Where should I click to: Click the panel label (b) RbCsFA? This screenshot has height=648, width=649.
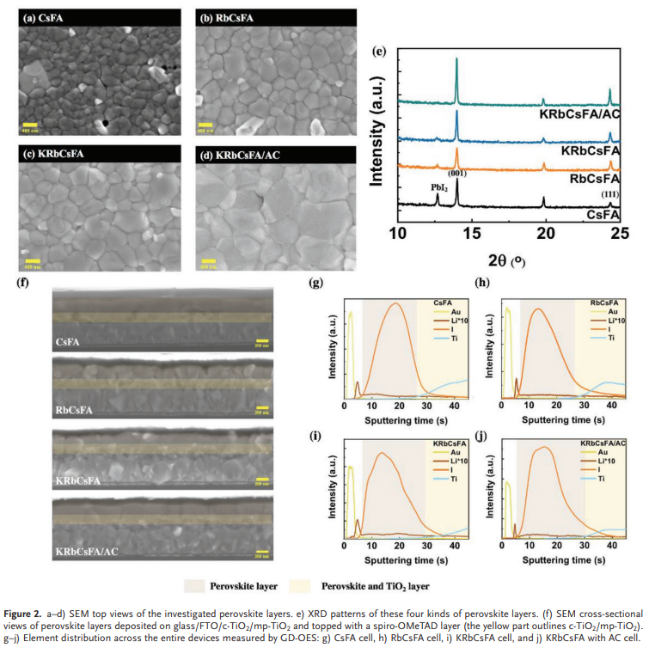click(229, 15)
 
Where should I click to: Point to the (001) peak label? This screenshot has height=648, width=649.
click(459, 172)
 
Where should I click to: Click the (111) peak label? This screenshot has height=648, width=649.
click(609, 197)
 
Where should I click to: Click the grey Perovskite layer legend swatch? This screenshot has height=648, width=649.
click(195, 586)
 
